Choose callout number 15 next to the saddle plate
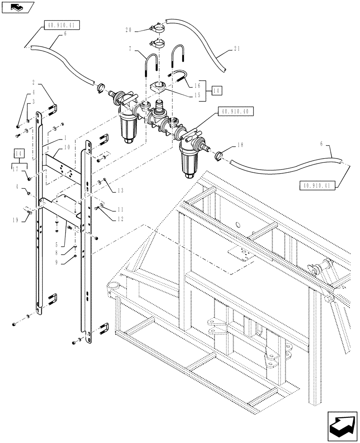click(x=197, y=94)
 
